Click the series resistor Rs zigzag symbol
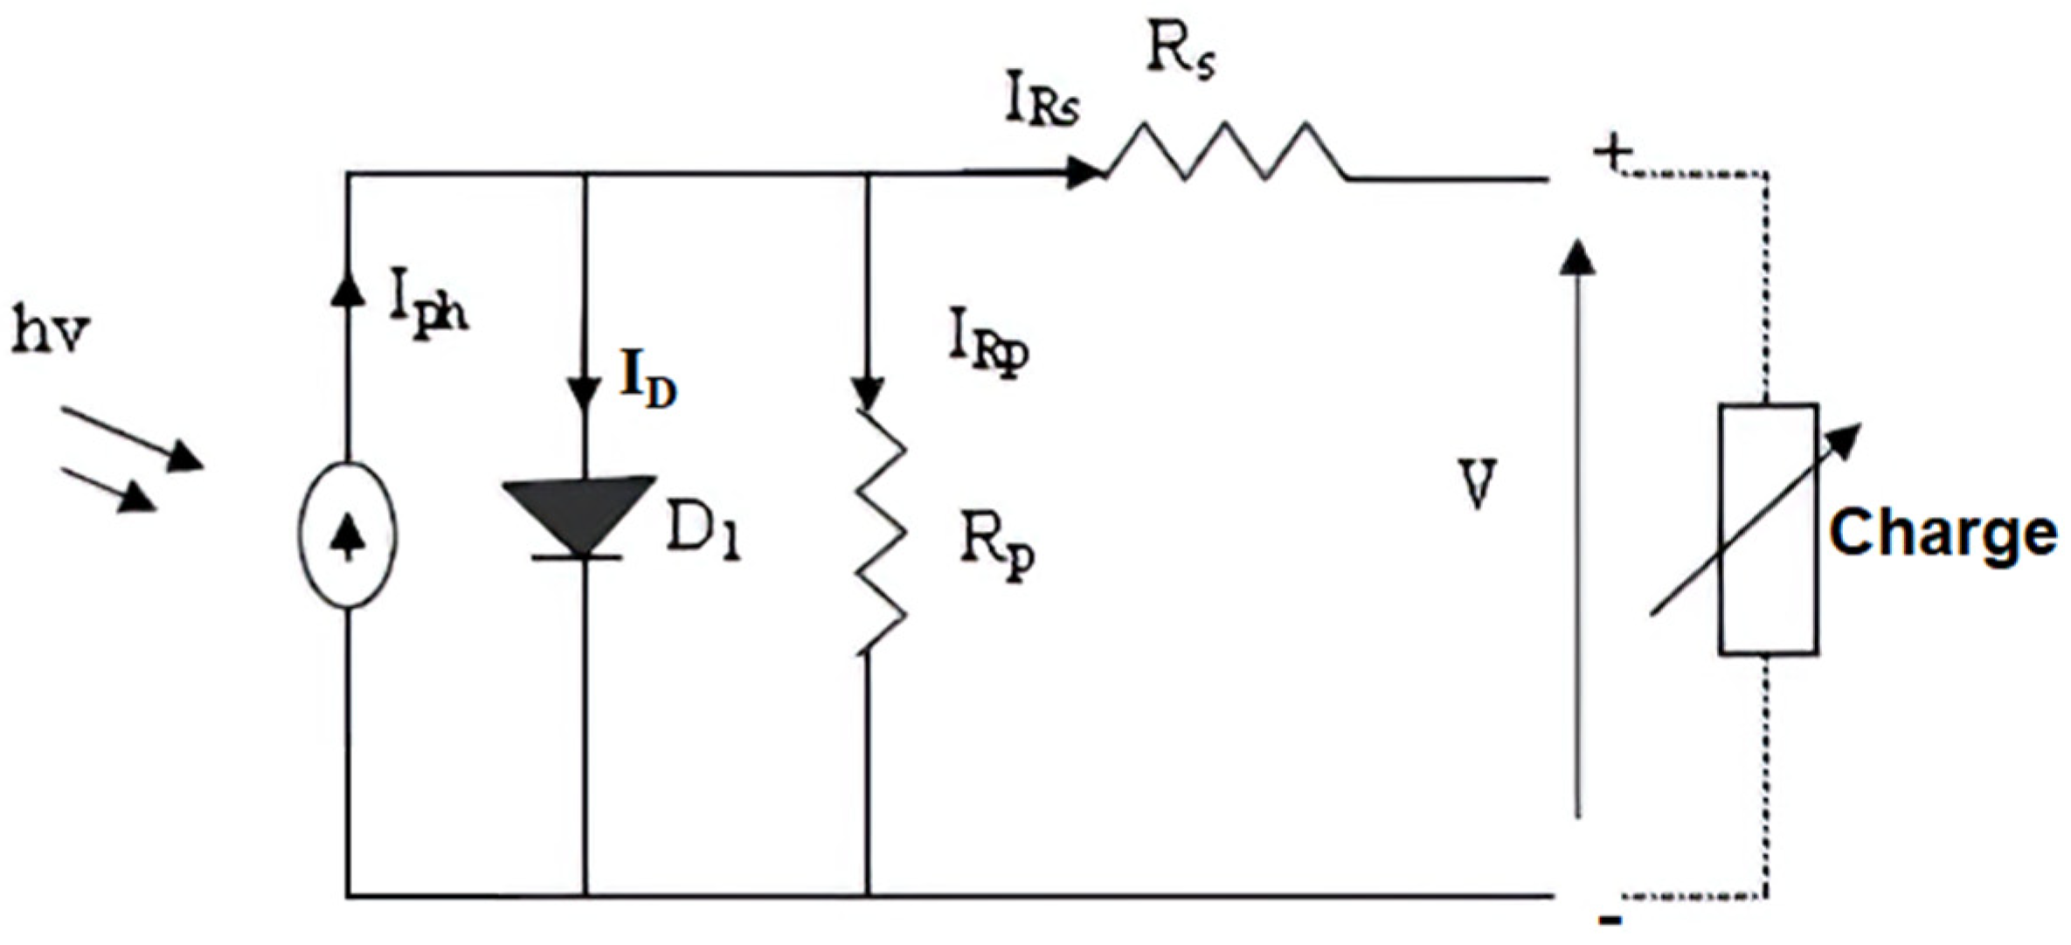(x=1223, y=153)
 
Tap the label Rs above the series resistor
(x=1180, y=54)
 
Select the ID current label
(x=648, y=382)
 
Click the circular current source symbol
(x=348, y=535)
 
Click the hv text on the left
(x=51, y=332)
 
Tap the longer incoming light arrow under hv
(x=131, y=438)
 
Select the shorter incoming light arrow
(x=109, y=490)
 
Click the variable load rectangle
(x=1769, y=529)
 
